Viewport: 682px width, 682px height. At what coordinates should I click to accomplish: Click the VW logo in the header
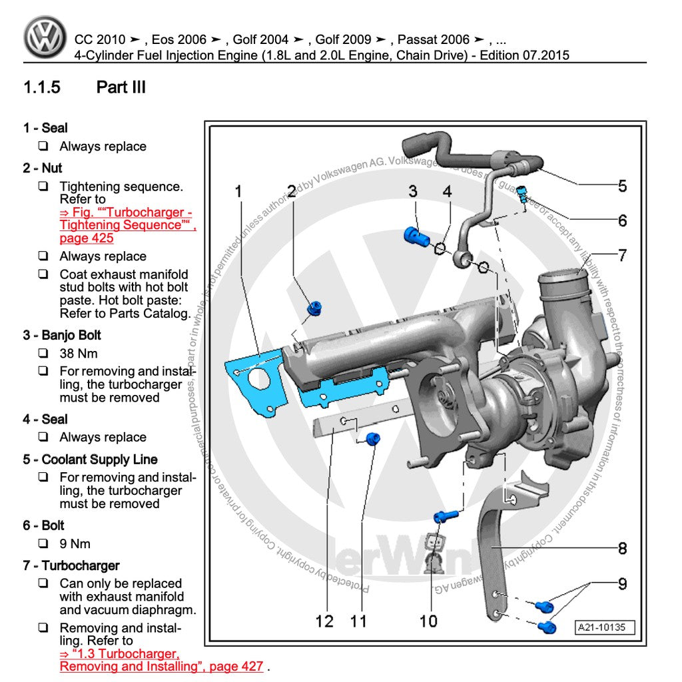(x=45, y=37)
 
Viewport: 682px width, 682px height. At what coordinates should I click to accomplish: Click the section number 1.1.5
(x=42, y=87)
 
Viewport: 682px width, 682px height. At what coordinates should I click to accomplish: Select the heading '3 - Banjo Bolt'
(x=62, y=335)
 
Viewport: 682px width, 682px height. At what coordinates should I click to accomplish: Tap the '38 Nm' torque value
(x=79, y=353)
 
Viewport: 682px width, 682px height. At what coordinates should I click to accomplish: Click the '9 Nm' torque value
(x=75, y=543)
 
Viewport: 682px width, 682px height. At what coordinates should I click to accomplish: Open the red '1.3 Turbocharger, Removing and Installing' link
(x=160, y=660)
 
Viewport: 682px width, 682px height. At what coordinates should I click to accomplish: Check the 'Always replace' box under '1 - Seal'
(x=43, y=146)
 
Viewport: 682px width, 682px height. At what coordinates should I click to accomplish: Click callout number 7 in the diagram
(x=622, y=255)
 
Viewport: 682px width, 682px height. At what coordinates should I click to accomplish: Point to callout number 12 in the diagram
(x=324, y=621)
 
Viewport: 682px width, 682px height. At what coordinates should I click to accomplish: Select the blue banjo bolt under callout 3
(x=414, y=234)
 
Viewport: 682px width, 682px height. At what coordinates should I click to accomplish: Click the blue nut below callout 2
(x=314, y=308)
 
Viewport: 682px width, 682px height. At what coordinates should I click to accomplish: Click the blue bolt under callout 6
(x=523, y=194)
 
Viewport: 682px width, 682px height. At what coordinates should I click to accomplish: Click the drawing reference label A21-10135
(x=605, y=627)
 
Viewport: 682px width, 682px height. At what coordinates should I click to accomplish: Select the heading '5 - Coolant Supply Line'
(x=90, y=460)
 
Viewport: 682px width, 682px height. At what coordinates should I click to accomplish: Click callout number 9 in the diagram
(x=622, y=584)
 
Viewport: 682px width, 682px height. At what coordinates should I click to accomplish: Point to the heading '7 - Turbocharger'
(x=71, y=565)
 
